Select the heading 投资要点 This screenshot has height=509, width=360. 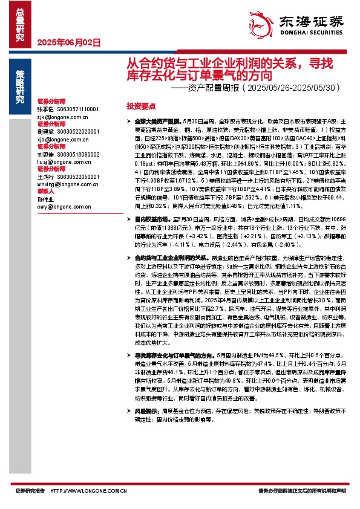coord(140,105)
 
